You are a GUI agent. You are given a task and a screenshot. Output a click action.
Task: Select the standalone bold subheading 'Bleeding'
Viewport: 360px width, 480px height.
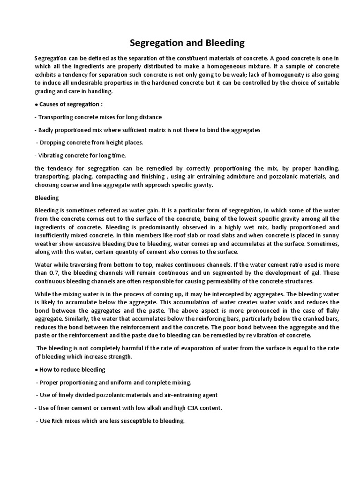[x=46, y=198]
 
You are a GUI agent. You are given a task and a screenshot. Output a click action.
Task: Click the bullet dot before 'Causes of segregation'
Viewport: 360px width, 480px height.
[x=36, y=104]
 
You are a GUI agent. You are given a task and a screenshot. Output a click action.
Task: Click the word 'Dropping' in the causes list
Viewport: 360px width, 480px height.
[x=52, y=142]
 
